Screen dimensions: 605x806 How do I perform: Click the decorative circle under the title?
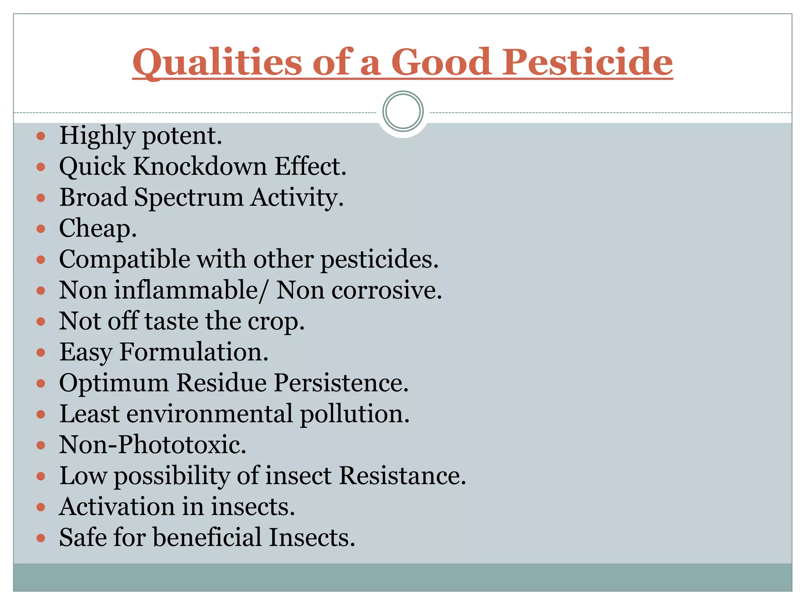[403, 111]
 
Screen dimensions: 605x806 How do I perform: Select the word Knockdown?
[200, 166]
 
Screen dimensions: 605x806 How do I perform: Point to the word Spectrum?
[189, 198]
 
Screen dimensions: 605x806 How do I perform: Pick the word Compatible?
[125, 260]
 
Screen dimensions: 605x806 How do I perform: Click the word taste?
[172, 321]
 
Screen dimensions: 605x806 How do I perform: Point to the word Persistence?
[341, 383]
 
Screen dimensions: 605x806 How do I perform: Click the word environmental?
[209, 414]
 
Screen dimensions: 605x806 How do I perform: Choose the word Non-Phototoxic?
[153, 445]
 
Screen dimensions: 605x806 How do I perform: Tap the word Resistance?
[402, 476]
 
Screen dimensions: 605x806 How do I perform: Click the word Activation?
[117, 507]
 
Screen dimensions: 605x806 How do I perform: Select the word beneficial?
[207, 538]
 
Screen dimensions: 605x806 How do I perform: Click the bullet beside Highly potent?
[41, 137]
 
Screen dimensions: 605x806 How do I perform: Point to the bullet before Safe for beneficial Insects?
[41, 538]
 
